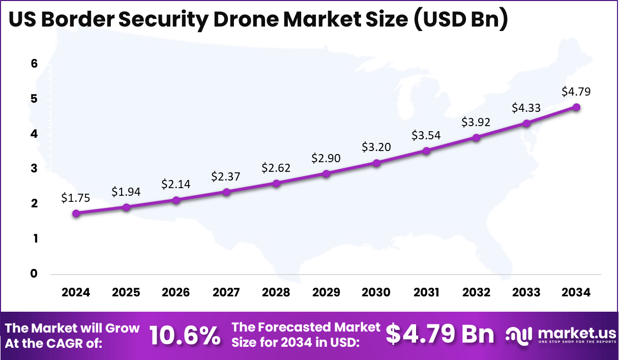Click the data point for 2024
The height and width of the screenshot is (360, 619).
pos(76,214)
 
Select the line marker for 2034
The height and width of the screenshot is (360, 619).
pos(576,107)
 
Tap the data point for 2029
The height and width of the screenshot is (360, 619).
pos(326,173)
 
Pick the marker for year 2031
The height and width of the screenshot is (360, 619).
pos(426,151)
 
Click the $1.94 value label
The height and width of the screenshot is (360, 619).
pos(126,192)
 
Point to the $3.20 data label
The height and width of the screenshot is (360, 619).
pos(376,147)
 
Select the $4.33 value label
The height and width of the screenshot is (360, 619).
pos(526,108)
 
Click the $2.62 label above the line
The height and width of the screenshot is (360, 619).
pos(276,168)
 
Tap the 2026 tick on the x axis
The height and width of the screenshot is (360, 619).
pos(176,292)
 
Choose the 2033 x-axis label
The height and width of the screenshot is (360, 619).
pos(526,292)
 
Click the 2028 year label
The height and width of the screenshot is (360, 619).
pos(276,292)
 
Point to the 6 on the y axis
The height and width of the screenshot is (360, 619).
pos(34,64)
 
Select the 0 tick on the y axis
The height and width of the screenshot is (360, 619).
pos(34,274)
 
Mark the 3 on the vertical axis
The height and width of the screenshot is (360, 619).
pos(34,168)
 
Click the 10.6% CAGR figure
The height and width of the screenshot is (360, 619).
pos(185,335)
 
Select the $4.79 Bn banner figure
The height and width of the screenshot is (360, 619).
pos(439,334)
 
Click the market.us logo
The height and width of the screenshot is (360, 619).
pos(559,335)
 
